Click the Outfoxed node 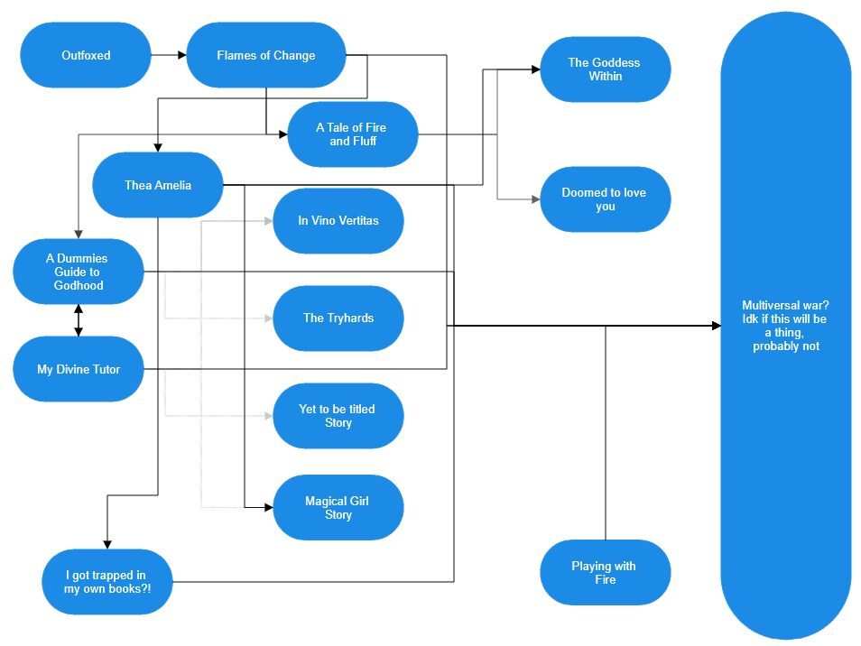click(86, 55)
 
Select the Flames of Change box click(266, 55)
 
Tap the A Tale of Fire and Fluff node click(353, 134)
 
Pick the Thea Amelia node click(158, 185)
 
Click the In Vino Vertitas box click(338, 221)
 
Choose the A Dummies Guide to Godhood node click(78, 272)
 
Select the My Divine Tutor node click(78, 369)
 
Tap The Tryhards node click(338, 318)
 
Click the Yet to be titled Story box click(338, 416)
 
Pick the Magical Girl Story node click(338, 508)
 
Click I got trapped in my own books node click(106, 582)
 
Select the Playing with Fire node click(605, 573)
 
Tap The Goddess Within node click(605, 69)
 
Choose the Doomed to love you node click(605, 199)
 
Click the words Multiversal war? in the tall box click(785, 305)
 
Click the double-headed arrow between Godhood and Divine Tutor click(79, 320)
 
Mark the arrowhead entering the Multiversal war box click(716, 326)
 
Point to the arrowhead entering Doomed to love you click(534, 199)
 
